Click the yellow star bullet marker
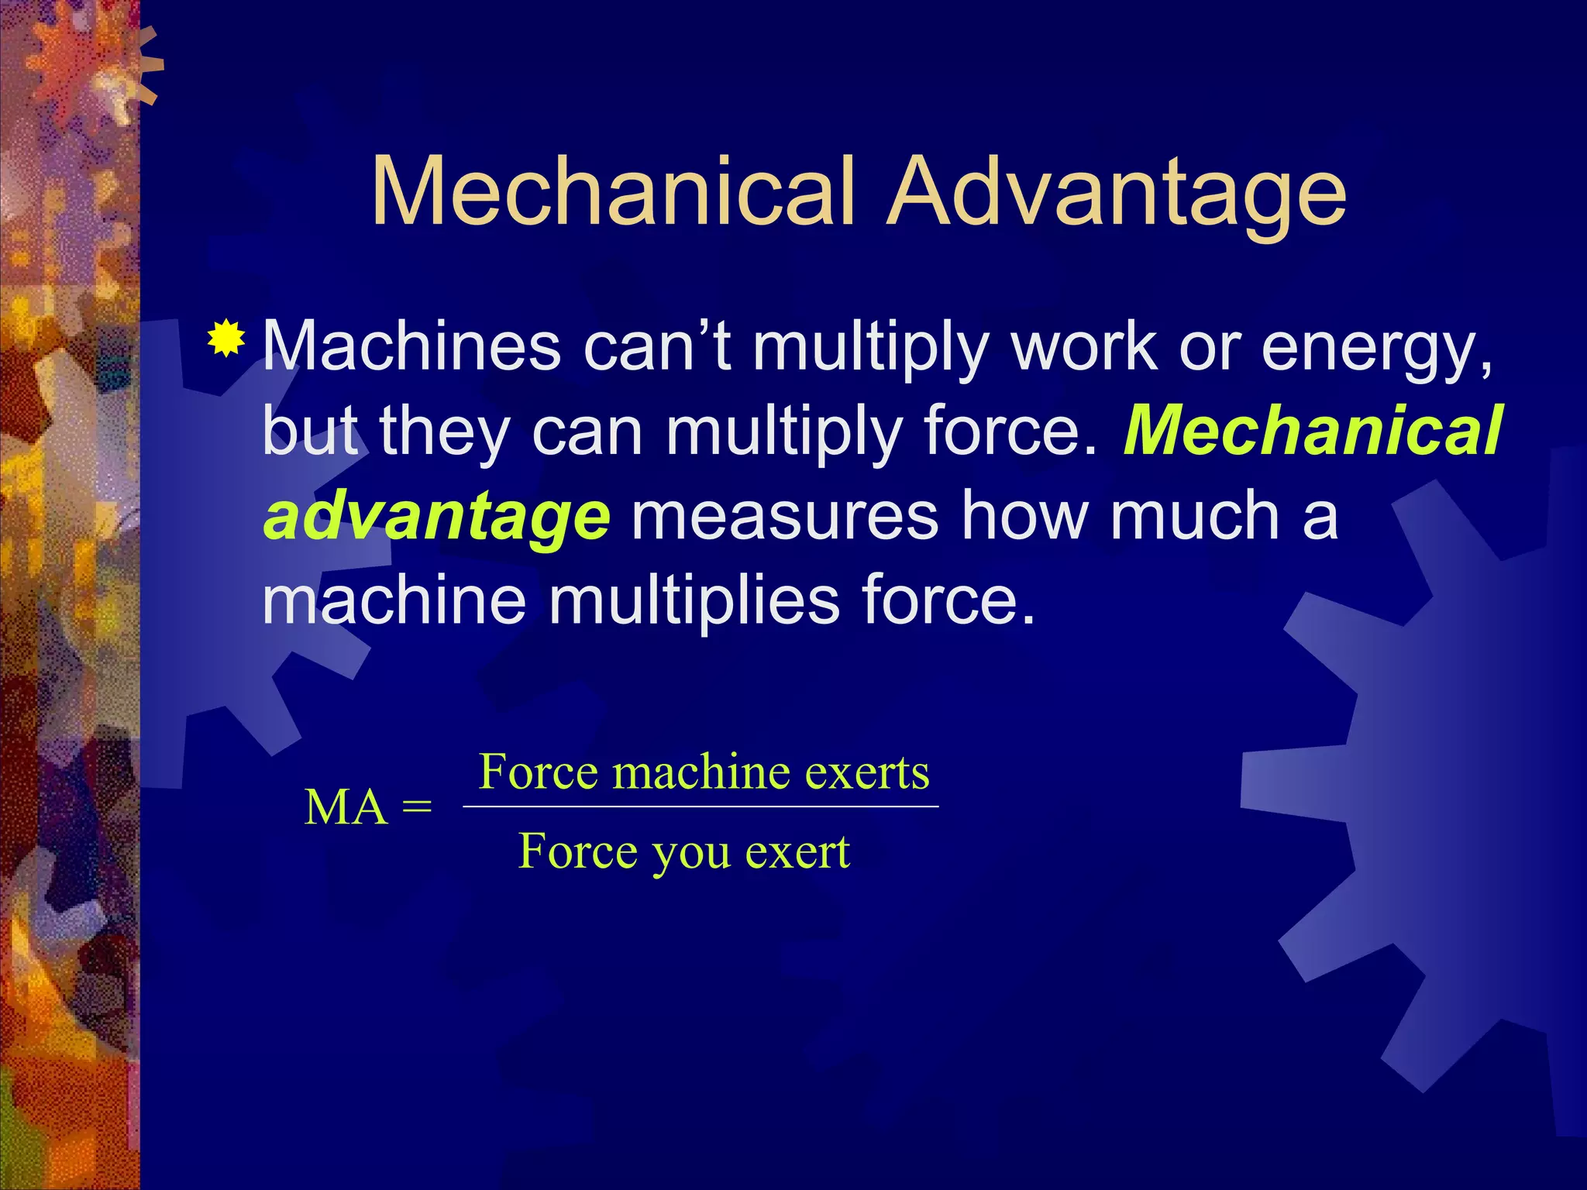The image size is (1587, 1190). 225,338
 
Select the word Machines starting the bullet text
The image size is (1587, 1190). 411,346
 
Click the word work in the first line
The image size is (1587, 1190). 1083,346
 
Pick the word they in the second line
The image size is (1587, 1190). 444,432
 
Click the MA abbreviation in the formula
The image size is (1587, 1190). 346,808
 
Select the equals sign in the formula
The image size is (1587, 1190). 417,808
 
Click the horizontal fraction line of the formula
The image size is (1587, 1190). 701,807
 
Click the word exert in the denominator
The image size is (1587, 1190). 797,851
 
